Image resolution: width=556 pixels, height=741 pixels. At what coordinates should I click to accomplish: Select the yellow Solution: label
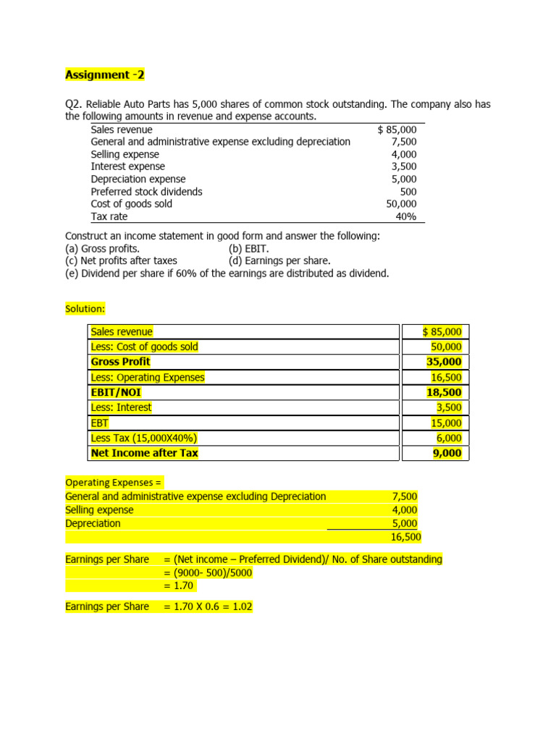click(85, 309)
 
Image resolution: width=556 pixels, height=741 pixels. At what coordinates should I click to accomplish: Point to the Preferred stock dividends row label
click(146, 192)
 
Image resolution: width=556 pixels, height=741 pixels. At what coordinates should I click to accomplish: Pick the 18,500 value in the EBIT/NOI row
click(444, 392)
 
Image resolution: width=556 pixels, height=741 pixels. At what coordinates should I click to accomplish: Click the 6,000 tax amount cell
click(447, 438)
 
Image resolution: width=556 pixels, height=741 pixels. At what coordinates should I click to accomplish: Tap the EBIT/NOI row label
click(116, 392)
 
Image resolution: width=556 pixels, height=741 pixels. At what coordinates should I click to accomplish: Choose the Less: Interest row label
click(121, 407)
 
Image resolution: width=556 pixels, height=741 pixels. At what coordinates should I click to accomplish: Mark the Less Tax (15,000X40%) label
click(144, 438)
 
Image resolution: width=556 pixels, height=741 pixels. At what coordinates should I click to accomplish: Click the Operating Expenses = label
click(114, 482)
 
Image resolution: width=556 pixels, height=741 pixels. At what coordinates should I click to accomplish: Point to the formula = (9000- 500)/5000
click(208, 573)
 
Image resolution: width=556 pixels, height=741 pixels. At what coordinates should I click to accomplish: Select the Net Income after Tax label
click(144, 453)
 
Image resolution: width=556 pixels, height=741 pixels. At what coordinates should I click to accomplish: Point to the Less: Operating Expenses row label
click(148, 377)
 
